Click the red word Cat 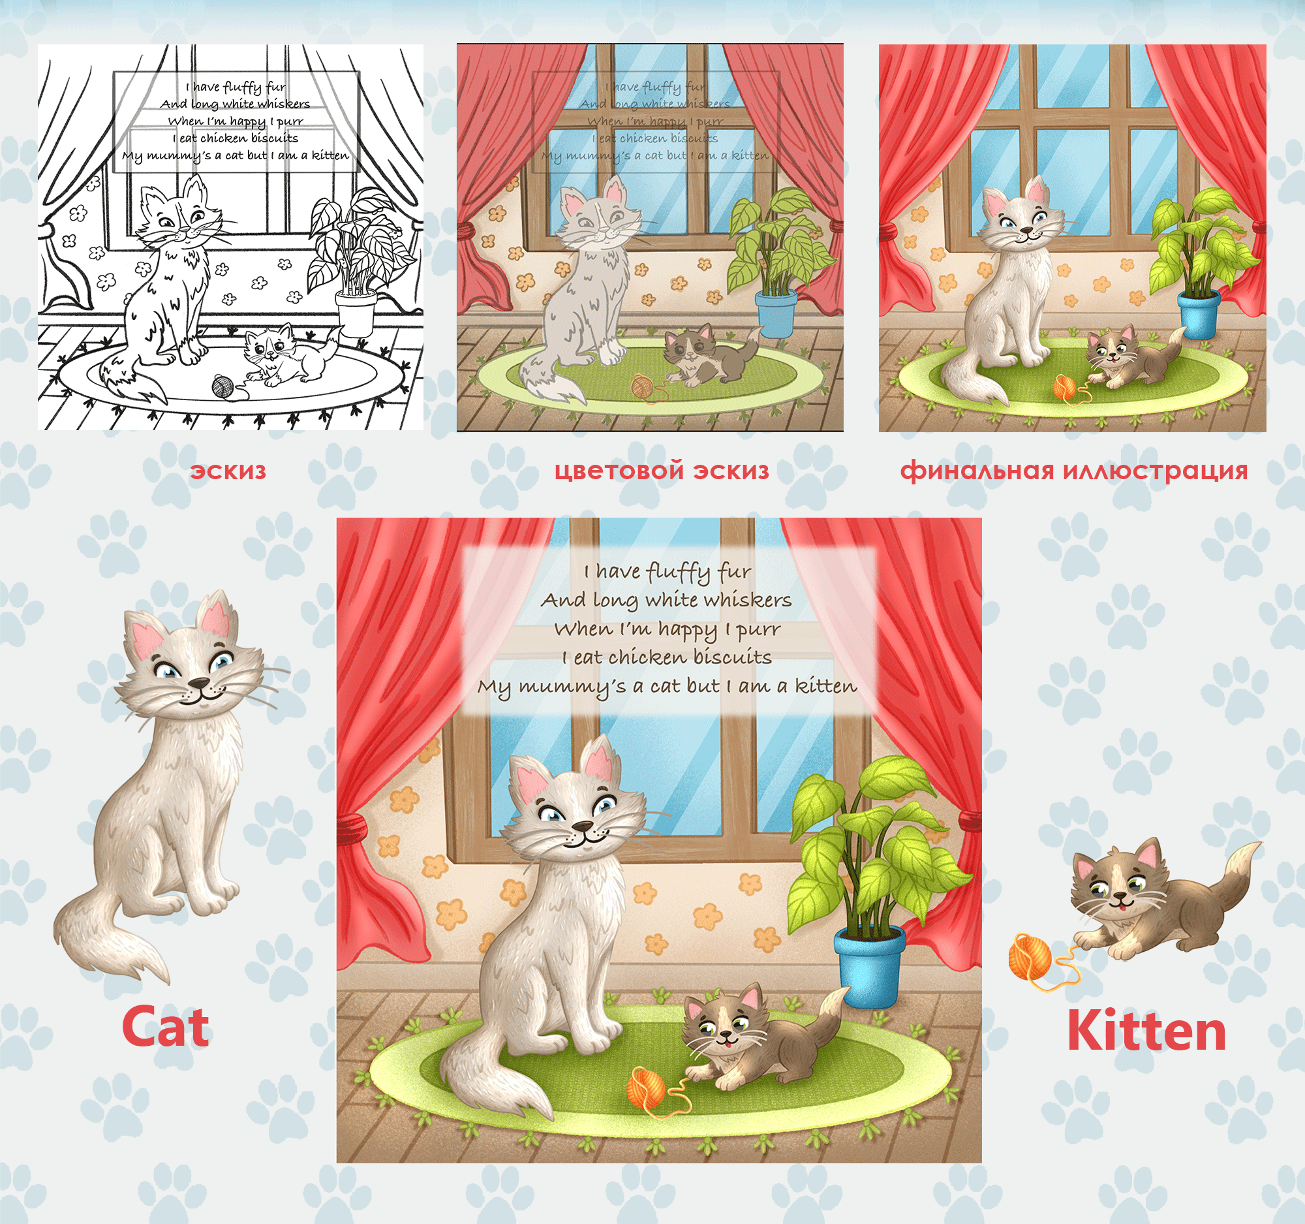[x=166, y=1026]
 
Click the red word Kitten [x=1146, y=1029]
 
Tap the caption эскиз [x=228, y=471]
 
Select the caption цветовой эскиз [x=661, y=471]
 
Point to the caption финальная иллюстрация [x=1074, y=471]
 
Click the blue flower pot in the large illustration [x=869, y=967]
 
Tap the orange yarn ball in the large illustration [x=647, y=1088]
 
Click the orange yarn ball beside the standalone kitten [x=1030, y=956]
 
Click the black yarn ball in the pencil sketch [x=222, y=386]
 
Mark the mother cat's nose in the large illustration [x=581, y=825]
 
